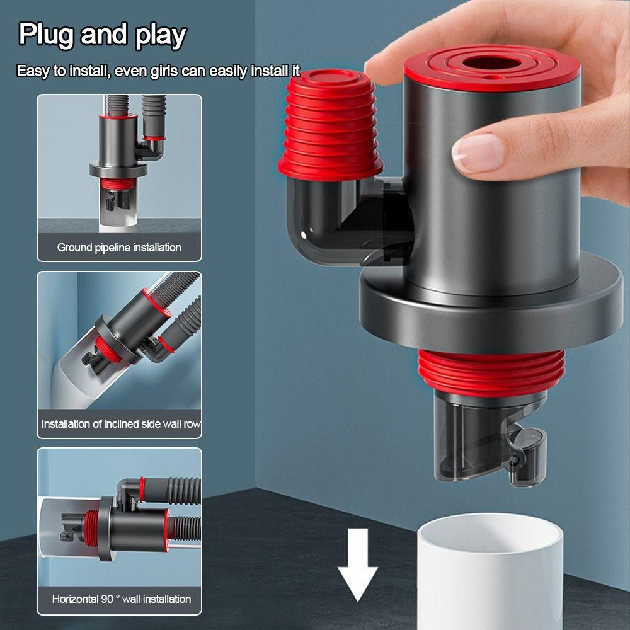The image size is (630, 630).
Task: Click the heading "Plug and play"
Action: [x=103, y=35]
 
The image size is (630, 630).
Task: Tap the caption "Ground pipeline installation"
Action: [x=119, y=248]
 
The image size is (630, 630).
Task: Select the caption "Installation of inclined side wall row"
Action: [x=121, y=424]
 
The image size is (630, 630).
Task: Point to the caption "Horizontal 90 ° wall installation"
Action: [x=122, y=599]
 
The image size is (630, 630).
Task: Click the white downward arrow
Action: [x=358, y=564]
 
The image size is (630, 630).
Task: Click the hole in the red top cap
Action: [x=492, y=64]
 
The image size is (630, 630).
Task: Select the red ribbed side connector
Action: [x=330, y=125]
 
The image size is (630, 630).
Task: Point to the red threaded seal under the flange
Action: [x=491, y=372]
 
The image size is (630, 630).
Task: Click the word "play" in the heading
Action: [x=161, y=36]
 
